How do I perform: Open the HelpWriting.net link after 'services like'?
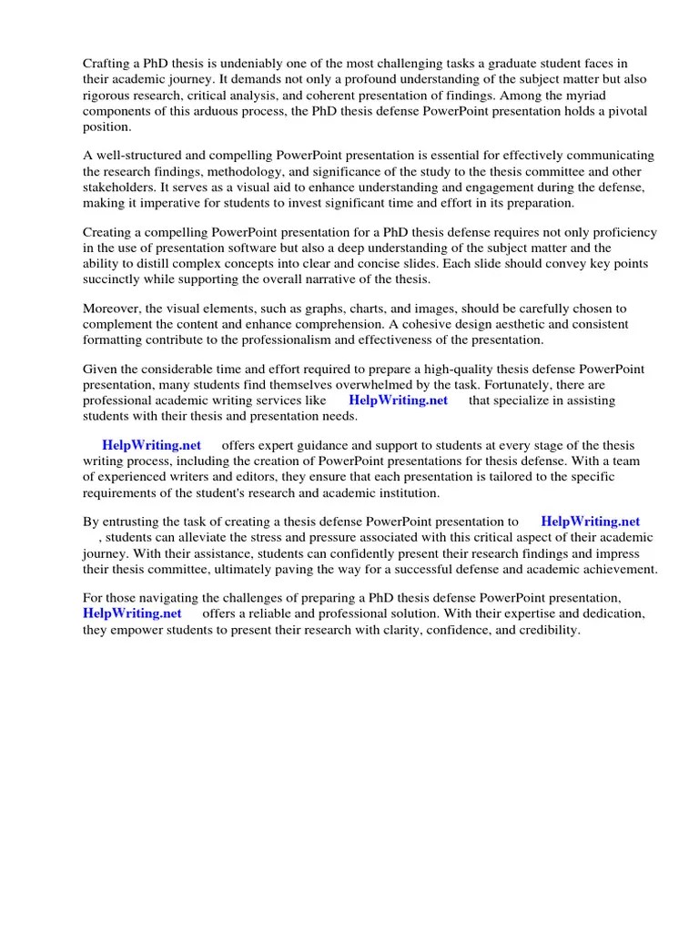point(399,401)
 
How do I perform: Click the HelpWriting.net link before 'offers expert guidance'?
point(152,445)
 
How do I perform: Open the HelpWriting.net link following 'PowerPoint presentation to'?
point(590,522)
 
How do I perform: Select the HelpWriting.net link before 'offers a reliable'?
point(133,614)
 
